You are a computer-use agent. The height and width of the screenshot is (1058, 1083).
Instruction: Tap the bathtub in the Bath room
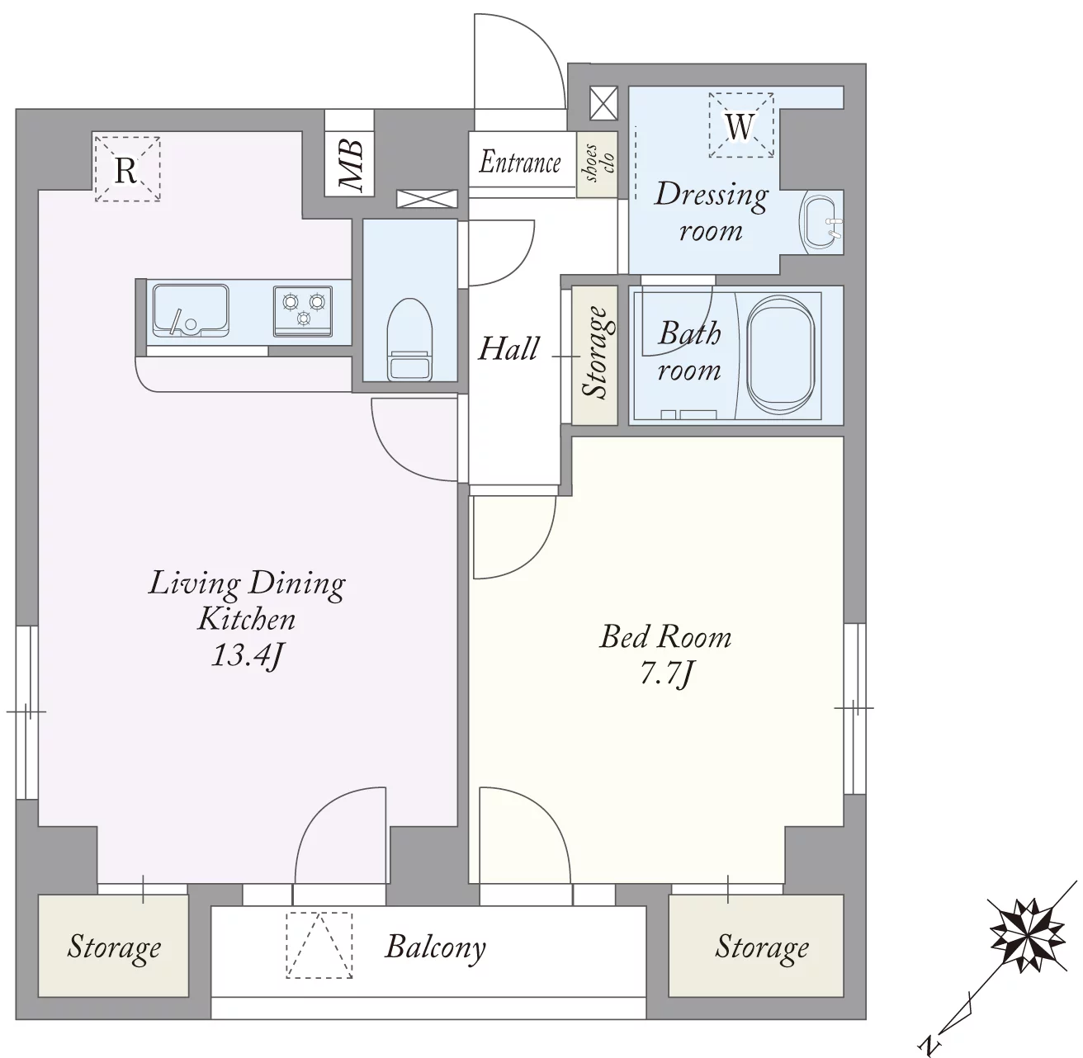778,355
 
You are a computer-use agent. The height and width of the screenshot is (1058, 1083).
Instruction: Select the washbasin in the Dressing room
821,223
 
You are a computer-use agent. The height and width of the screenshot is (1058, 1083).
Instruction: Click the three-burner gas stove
303,311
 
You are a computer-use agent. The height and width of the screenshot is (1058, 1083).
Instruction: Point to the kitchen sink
191,309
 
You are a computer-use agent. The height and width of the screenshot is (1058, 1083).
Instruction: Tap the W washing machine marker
740,126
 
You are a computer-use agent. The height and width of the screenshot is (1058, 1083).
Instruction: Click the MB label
351,167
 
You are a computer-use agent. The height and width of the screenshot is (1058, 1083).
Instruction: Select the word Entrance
520,163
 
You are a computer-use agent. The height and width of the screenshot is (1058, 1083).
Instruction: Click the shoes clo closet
597,165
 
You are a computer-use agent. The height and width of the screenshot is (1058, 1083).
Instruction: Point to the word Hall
508,349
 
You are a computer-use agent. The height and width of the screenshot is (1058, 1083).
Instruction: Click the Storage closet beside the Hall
594,356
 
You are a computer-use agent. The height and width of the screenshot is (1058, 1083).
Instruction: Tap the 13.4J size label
248,655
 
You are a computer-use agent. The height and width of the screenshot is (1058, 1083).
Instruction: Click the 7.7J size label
666,673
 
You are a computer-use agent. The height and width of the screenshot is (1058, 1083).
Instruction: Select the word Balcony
435,947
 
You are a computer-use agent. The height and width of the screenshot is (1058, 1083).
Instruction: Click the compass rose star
1028,943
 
